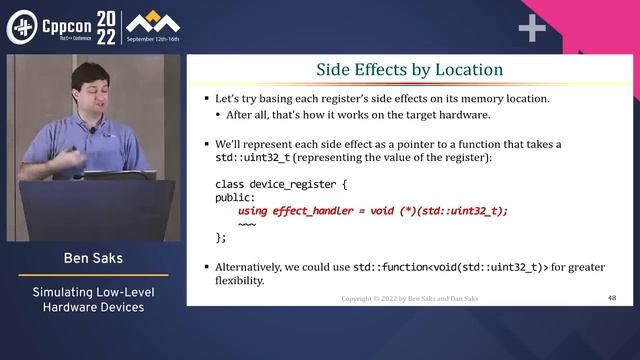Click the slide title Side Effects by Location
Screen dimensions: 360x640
(409, 70)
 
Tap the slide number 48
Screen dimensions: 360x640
(612, 298)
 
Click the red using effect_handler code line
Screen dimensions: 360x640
(373, 210)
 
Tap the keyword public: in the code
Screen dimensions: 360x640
(237, 197)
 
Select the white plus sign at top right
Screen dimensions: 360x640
(531, 28)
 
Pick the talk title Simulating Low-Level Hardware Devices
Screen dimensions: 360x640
(93, 299)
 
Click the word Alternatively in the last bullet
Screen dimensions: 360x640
(252, 267)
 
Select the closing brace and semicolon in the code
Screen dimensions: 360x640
(221, 237)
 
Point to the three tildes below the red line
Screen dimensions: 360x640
(247, 224)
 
